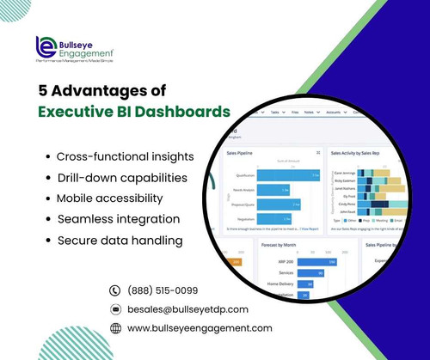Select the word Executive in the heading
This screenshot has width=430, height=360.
coord(81,112)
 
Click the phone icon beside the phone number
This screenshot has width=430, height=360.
coord(115,290)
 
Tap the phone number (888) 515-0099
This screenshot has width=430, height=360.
coord(163,290)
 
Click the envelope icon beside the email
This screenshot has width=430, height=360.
coord(115,309)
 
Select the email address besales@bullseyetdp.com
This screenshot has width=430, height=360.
coord(187,309)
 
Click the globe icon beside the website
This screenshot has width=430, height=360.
coord(115,328)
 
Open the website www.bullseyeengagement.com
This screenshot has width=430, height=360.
coord(200,328)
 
